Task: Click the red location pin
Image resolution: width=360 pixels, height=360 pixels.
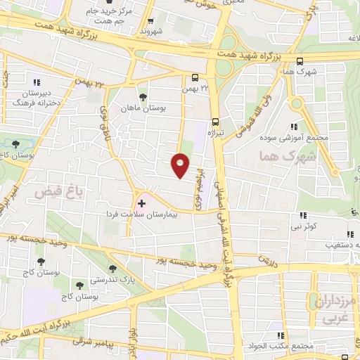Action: point(181,165)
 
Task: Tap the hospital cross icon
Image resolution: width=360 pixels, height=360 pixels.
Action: point(141,202)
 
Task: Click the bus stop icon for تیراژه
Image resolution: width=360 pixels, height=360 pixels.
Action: point(216,120)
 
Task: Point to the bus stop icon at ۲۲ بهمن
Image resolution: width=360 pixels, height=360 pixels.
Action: point(195,79)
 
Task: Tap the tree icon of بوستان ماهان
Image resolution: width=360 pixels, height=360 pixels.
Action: point(143,96)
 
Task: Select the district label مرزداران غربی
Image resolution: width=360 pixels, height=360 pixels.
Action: point(340,310)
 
